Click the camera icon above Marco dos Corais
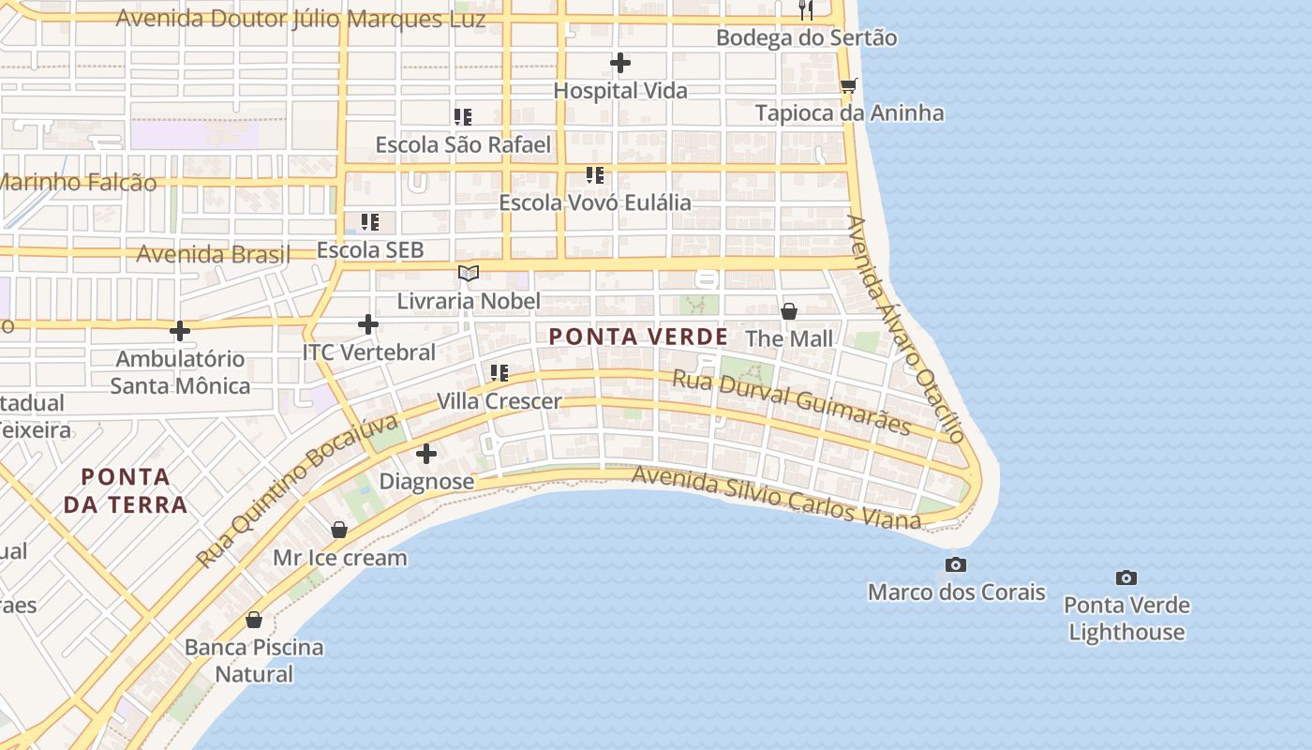pos(956,564)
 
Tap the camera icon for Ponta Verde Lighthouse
pos(1126,577)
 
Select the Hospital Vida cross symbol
pos(620,63)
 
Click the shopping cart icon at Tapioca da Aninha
pos(849,85)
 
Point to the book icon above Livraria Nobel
pos(469,274)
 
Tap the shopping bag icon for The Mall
pos(789,311)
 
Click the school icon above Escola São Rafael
pos(463,117)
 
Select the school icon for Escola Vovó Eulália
pos(595,175)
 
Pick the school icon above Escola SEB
pos(370,222)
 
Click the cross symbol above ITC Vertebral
pos(368,324)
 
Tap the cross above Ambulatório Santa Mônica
pos(180,331)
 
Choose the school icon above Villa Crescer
pos(499,373)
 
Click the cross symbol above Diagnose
pos(426,455)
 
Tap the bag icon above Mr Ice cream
pos(339,531)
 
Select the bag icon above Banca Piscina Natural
pos(253,620)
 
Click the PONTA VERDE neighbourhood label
pos(637,337)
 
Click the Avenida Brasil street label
pos(214,254)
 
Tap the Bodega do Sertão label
pos(806,37)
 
